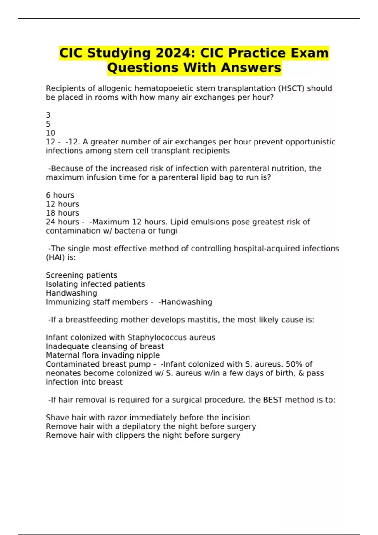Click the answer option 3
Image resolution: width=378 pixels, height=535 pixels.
click(48, 115)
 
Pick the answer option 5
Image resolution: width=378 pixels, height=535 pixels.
click(48, 124)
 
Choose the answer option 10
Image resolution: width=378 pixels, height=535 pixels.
click(50, 133)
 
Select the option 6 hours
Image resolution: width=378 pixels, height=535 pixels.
click(60, 195)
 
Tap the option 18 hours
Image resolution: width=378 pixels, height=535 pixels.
click(62, 213)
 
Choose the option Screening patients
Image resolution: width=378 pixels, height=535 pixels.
click(81, 275)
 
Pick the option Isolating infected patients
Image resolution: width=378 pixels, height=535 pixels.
click(95, 284)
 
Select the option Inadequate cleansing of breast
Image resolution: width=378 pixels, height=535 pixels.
click(105, 346)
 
